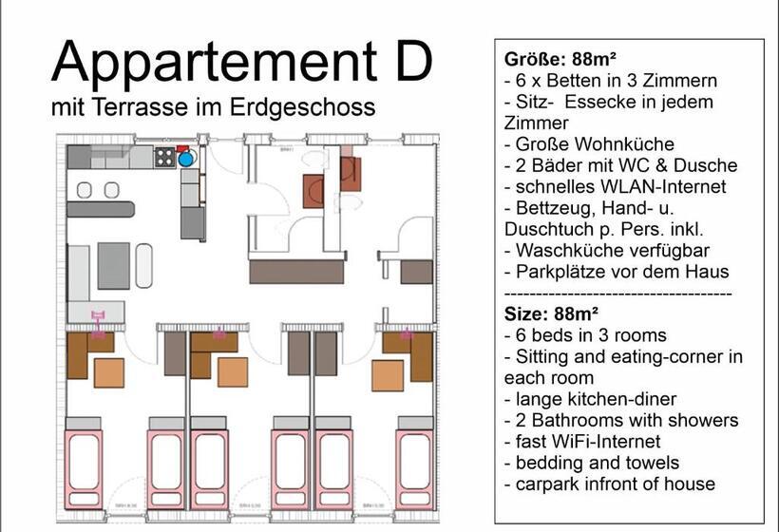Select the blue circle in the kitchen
pos(186,159)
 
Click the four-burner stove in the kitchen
pos(165,157)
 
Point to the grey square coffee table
pos(113,265)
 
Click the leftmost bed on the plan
pos(84,469)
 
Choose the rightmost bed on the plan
pos(414,469)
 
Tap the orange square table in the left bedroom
pos(109,372)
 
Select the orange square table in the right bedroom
pos(387,375)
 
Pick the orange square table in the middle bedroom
pos(232,371)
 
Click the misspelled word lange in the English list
pos(537,399)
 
